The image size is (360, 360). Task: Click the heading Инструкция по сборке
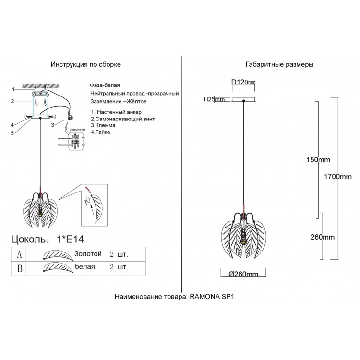(x=85, y=64)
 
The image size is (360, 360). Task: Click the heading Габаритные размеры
(x=279, y=64)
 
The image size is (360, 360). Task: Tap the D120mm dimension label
(x=243, y=83)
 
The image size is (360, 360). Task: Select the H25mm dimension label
(x=214, y=100)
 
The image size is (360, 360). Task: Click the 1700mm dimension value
(x=338, y=177)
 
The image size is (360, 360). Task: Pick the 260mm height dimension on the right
(x=322, y=237)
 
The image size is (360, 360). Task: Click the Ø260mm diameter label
(x=244, y=274)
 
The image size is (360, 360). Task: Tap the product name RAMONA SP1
(x=212, y=297)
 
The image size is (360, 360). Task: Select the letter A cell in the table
(x=19, y=254)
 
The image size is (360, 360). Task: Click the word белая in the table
(x=84, y=266)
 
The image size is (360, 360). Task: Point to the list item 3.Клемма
(x=104, y=124)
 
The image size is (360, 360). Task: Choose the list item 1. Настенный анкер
(x=116, y=111)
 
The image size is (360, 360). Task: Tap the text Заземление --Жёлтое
(x=118, y=102)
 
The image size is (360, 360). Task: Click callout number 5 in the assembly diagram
(x=14, y=133)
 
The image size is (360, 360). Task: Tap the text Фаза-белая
(x=105, y=84)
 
